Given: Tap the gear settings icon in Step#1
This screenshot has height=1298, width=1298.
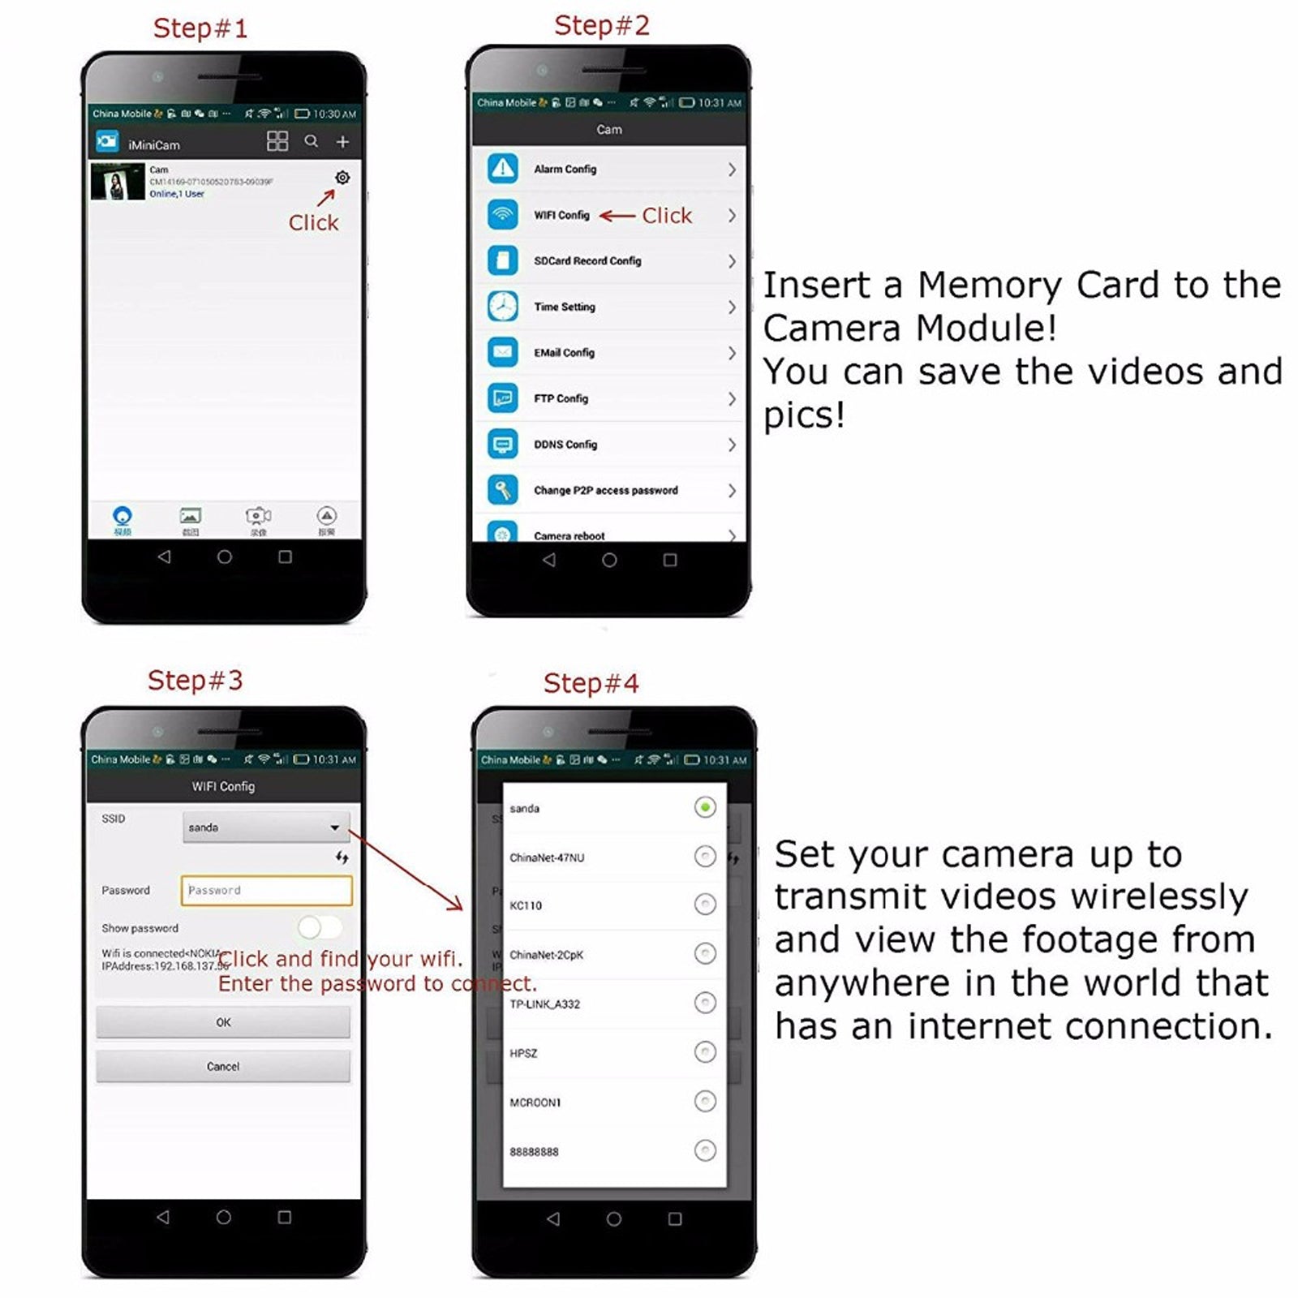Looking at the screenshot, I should tap(342, 178).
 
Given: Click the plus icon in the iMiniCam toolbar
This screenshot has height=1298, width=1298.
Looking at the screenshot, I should tap(342, 142).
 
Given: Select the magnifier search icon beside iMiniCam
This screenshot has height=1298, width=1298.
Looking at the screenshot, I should tap(311, 141).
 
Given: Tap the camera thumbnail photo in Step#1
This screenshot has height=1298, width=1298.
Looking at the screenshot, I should tap(118, 182).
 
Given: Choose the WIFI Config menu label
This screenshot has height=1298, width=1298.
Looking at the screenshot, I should tap(561, 215).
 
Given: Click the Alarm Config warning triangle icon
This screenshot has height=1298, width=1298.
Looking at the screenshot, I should tap(503, 169).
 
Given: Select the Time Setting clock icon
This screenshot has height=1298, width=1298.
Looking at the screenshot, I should tap(503, 307).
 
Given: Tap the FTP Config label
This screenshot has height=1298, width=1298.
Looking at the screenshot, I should tap(561, 398).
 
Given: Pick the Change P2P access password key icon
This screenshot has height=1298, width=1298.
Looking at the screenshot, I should tap(503, 490).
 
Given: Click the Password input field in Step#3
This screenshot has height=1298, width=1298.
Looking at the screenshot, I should tap(266, 890).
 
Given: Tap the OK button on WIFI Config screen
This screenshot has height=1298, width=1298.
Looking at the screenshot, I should tap(223, 1022).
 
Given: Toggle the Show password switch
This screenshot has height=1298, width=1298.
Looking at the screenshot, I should tap(319, 927).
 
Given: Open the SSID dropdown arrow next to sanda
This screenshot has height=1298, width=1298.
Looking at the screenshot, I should tap(334, 827).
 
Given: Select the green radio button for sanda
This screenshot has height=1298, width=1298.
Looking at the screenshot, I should tap(705, 807).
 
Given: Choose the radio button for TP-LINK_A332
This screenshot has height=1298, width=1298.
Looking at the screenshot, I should tap(705, 1004).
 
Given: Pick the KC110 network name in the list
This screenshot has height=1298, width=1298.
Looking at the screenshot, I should tap(526, 905).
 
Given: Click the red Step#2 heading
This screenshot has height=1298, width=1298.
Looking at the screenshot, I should tap(602, 26).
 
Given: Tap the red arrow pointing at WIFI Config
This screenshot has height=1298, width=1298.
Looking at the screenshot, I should tap(617, 216).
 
